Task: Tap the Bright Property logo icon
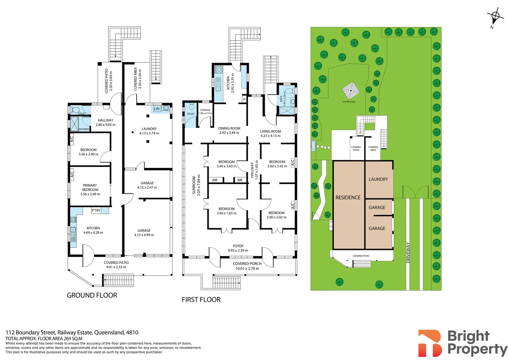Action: [430, 343]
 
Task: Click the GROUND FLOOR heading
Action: [92, 295]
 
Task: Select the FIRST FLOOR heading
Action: [201, 300]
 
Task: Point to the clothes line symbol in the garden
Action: [350, 90]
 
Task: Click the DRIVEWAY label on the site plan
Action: [408, 253]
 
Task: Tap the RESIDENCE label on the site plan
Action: [348, 198]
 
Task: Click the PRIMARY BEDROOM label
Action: [90, 188]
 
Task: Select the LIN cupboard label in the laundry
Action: [157, 109]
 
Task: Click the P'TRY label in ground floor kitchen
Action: [96, 210]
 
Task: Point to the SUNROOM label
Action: [194, 185]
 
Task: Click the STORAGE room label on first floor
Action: [205, 110]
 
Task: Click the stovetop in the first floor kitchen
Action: [219, 69]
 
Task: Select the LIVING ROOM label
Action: [270, 131]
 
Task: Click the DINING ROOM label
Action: [229, 128]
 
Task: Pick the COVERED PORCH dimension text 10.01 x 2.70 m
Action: [247, 268]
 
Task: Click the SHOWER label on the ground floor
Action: [84, 129]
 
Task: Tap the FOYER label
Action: [238, 246]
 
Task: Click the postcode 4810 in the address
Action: [132, 332]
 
